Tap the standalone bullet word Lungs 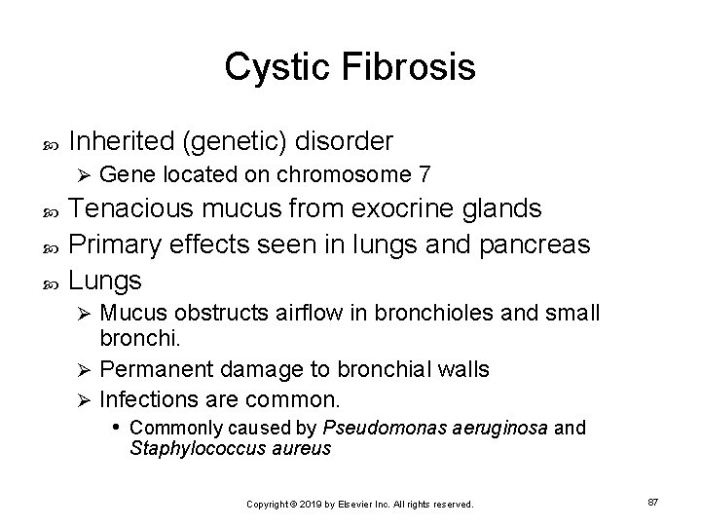click(106, 282)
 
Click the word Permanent click(154, 369)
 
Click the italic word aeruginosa click(497, 427)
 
